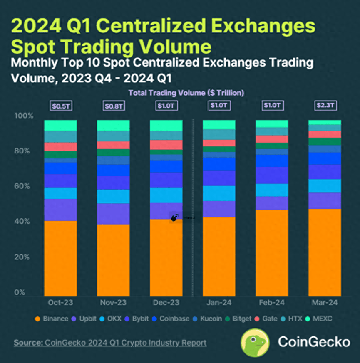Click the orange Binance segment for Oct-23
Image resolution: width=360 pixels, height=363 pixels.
click(60, 258)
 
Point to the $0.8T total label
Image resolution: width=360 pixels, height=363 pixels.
click(113, 106)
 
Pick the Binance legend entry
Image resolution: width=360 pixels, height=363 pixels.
click(52, 319)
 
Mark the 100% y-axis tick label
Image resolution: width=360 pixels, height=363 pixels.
click(24, 116)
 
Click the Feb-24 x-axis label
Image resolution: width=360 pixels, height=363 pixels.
click(272, 303)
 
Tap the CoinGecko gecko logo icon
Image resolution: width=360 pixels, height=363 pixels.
click(255, 342)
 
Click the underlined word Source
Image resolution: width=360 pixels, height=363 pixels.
click(27, 343)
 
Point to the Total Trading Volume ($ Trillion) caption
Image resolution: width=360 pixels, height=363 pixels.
click(186, 93)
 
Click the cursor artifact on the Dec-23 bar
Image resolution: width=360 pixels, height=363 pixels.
click(175, 217)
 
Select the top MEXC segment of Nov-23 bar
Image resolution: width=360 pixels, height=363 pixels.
click(113, 126)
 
